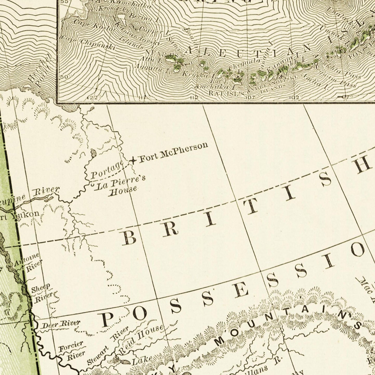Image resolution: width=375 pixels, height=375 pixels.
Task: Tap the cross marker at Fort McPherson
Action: pos(133,161)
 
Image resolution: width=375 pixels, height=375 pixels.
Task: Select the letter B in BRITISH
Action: pos(129,237)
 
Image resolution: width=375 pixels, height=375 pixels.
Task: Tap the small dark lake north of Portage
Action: pos(93,153)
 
